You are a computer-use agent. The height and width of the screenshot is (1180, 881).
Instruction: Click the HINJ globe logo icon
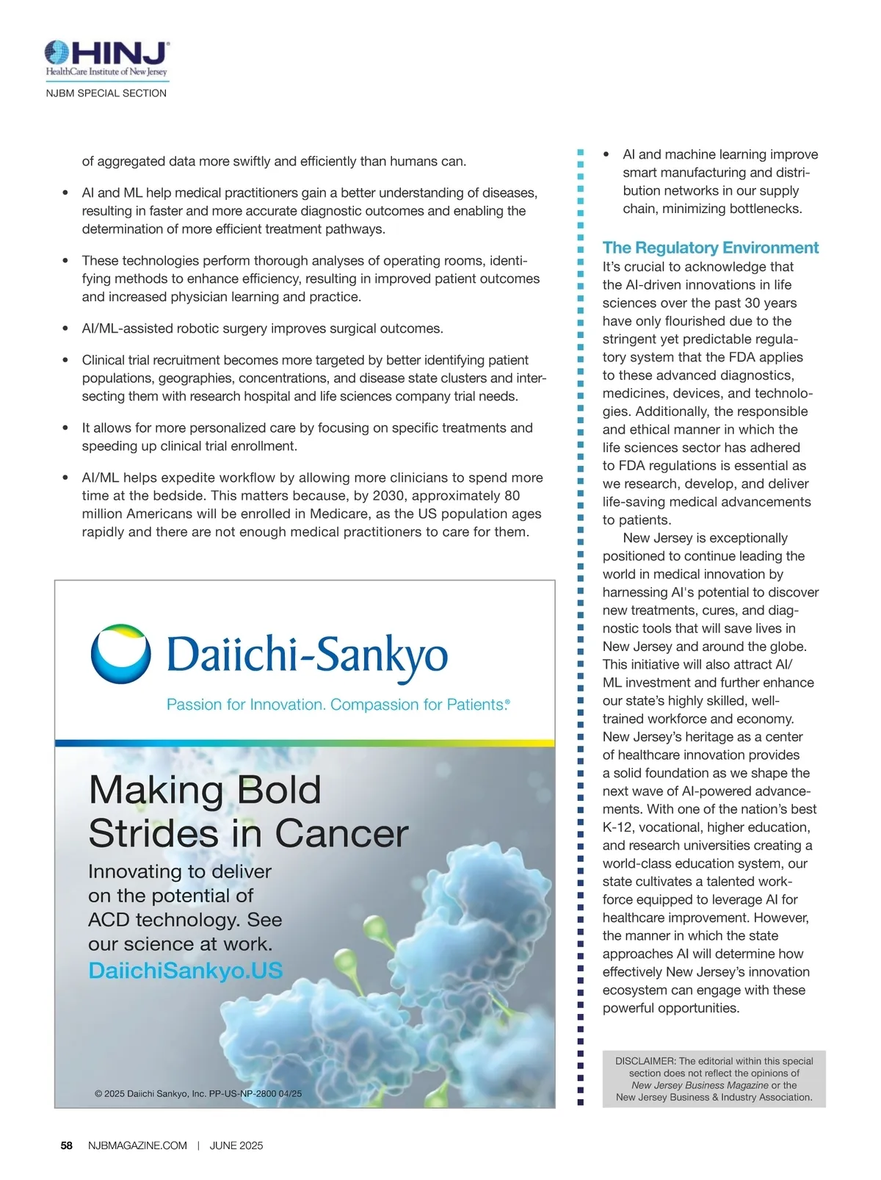[57, 53]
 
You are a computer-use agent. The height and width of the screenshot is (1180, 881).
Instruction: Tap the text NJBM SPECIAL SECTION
[106, 93]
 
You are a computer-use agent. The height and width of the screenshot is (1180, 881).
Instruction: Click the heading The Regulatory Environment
[710, 248]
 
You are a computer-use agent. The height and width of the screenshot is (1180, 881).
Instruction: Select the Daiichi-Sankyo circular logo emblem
[121, 654]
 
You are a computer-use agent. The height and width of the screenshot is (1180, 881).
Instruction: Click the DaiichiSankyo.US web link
[185, 971]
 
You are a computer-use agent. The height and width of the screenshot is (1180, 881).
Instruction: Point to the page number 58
[67, 1145]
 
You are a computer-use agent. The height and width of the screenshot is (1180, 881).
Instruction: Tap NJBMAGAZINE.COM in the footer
[137, 1145]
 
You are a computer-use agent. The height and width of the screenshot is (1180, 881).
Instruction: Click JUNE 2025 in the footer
[236, 1145]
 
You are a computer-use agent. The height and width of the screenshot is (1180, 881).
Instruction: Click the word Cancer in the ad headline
[341, 834]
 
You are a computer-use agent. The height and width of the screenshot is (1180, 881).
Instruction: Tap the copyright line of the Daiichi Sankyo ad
[198, 1093]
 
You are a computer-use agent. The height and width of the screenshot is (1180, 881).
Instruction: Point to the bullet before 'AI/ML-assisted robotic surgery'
[66, 328]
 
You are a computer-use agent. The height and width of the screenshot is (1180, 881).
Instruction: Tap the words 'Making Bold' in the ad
[205, 791]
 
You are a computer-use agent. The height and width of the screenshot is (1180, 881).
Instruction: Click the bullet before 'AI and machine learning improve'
[606, 154]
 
